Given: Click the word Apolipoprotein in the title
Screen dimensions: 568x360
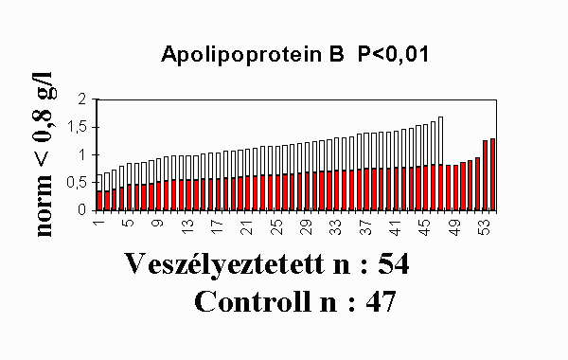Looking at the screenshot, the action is (x=241, y=55).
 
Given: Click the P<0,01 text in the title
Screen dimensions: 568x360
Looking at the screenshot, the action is (x=394, y=54).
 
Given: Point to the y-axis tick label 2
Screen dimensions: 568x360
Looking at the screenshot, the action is (x=83, y=99).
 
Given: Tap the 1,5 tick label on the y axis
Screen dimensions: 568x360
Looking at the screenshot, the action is (x=77, y=128).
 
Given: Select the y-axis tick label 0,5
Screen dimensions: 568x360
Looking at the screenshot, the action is (x=77, y=183).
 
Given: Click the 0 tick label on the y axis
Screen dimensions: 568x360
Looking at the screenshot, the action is (x=82, y=210).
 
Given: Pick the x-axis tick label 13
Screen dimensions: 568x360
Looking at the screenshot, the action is (x=187, y=227).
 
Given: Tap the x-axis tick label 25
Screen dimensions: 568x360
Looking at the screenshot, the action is (x=276, y=227).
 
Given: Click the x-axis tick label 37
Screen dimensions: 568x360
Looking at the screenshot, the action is (x=365, y=227).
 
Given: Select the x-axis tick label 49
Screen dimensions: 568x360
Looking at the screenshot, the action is (x=455, y=227).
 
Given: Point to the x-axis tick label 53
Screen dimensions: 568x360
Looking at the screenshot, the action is (x=485, y=227).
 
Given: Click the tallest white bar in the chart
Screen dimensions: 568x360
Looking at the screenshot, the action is (x=440, y=140).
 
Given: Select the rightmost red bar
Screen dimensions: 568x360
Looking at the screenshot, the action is (x=492, y=174).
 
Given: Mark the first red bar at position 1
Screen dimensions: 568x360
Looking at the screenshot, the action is (x=99, y=201).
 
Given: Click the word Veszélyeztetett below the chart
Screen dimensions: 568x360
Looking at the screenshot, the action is (x=224, y=264).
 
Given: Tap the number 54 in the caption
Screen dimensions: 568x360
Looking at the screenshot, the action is (x=394, y=263).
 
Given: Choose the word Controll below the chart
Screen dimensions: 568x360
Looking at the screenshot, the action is (x=253, y=301).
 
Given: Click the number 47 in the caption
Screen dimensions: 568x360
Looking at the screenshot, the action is (x=381, y=301).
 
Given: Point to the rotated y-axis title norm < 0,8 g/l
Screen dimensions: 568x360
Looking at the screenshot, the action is (x=44, y=154).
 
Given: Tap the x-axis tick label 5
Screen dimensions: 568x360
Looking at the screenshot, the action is (x=128, y=223).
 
